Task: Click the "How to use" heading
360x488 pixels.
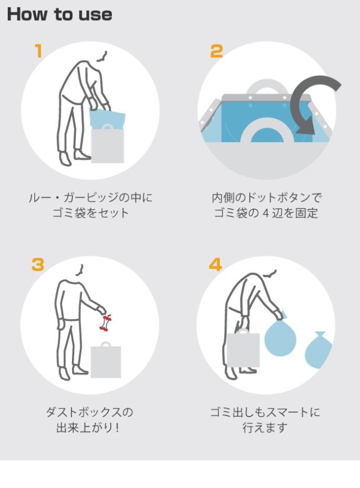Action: (60, 14)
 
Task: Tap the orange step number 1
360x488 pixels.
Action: (38, 51)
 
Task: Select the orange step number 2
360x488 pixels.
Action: (217, 51)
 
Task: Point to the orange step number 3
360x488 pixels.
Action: (38, 265)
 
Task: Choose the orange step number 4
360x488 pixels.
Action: (215, 265)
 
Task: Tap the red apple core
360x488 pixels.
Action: (106, 323)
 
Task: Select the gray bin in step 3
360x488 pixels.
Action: (106, 361)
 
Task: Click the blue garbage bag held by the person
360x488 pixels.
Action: (280, 336)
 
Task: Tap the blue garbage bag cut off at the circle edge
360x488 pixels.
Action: (318, 350)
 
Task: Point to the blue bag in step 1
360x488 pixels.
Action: (107, 118)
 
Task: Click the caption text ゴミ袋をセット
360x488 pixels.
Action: (91, 213)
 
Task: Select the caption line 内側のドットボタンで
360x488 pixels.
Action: (267, 198)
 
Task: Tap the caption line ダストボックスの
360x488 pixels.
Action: (89, 412)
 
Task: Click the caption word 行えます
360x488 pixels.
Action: (265, 428)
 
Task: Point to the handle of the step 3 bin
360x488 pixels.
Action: (106, 344)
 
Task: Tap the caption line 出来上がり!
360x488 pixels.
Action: (88, 428)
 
